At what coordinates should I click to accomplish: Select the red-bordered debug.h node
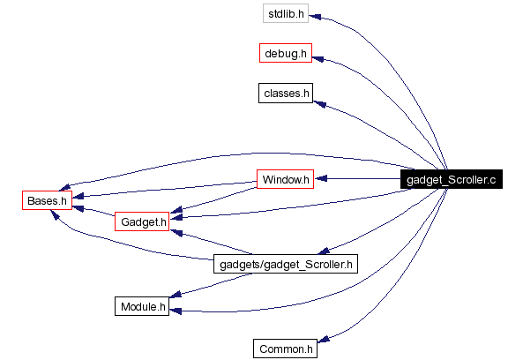285,54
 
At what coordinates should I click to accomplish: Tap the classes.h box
285,93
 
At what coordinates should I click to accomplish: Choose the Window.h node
285,179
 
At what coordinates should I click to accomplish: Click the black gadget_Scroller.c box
451,179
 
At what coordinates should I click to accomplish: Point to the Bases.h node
46,200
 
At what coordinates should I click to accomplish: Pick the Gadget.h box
142,221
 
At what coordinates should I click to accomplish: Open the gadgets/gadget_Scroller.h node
286,264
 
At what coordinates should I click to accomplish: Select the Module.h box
142,306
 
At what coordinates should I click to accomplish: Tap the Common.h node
285,349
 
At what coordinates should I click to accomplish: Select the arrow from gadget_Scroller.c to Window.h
362,179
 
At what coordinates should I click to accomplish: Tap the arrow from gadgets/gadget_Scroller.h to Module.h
212,281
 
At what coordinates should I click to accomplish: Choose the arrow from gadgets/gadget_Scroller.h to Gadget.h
212,244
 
